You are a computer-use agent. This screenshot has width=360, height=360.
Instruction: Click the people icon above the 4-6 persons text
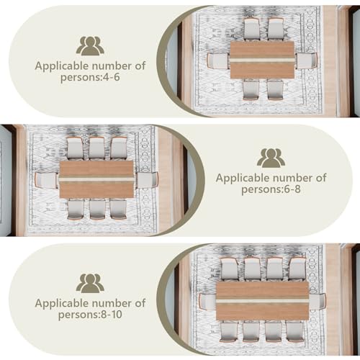click(x=90, y=46)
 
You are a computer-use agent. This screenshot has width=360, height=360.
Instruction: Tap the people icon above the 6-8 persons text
click(x=271, y=158)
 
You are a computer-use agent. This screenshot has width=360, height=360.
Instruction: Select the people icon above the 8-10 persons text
click(x=90, y=283)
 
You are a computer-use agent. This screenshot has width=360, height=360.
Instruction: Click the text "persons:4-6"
click(x=90, y=77)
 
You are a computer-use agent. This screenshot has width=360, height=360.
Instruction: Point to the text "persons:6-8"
click(x=271, y=189)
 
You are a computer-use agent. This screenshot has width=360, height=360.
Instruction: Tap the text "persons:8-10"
click(x=90, y=315)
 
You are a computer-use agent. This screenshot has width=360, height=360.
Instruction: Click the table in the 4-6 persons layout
click(x=262, y=60)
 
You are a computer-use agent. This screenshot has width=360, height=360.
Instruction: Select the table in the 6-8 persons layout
click(x=96, y=179)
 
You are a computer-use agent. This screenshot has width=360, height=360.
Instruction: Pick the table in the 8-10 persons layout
click(x=262, y=301)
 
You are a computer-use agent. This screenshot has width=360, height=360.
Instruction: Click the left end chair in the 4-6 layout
click(x=218, y=61)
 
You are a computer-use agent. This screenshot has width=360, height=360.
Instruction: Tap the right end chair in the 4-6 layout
click(x=307, y=61)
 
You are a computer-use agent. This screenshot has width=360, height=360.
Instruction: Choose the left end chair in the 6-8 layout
click(x=47, y=180)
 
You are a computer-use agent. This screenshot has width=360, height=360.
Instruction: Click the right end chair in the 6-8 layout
click(x=146, y=180)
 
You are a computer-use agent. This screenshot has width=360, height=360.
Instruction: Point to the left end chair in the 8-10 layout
click(x=208, y=302)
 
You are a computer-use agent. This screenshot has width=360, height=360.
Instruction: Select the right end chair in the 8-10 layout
click(x=318, y=302)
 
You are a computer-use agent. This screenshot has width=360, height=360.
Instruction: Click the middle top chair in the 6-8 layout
click(x=96, y=149)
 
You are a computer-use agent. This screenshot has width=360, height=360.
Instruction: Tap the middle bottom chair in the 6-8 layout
click(x=97, y=210)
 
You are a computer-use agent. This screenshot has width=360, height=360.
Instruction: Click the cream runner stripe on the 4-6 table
click(x=262, y=60)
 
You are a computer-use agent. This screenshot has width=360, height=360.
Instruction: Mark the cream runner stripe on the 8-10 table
click(x=262, y=301)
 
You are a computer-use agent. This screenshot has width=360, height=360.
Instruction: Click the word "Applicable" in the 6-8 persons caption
click(x=243, y=179)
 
